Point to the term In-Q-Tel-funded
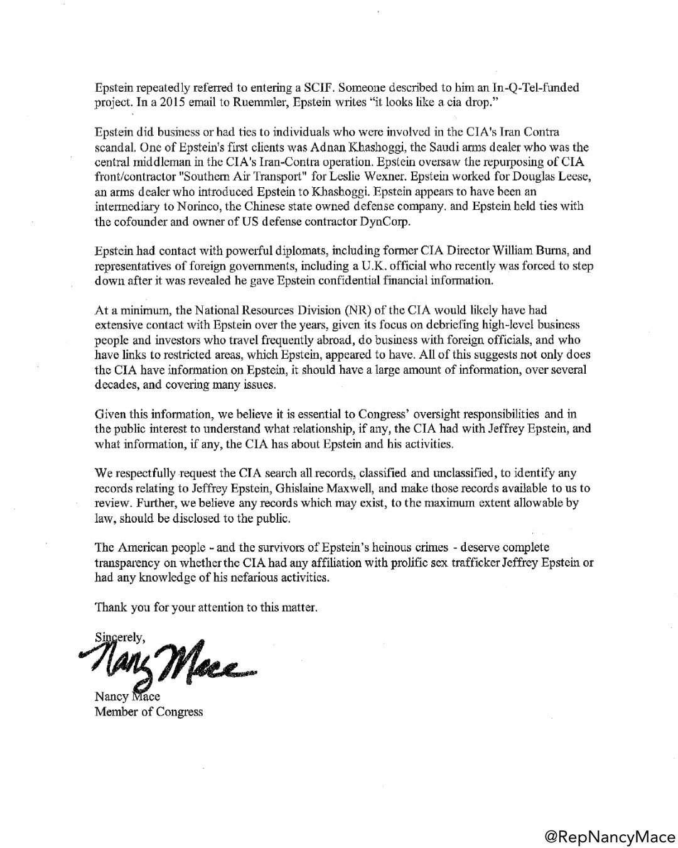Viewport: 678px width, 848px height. click(538, 89)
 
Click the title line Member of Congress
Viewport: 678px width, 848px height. click(149, 712)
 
